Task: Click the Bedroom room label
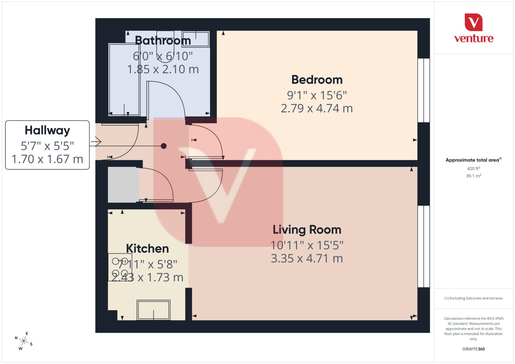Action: (317, 80)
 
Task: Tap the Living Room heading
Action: (307, 230)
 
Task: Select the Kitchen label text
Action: (147, 249)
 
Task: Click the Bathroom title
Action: (163, 40)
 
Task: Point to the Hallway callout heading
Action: (47, 130)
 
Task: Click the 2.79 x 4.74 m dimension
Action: (317, 109)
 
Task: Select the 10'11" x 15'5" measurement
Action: (307, 245)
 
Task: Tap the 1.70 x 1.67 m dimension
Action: (47, 159)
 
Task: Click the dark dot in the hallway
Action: (164, 146)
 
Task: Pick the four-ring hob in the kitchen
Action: (120, 267)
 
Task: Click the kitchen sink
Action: (153, 310)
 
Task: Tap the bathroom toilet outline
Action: (165, 46)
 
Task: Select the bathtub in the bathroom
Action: (124, 79)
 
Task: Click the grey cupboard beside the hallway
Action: (123, 185)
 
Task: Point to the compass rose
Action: (24, 341)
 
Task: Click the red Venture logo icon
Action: (474, 22)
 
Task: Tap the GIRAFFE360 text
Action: (474, 349)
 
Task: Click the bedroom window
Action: (423, 90)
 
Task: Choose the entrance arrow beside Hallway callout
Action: (96, 142)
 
